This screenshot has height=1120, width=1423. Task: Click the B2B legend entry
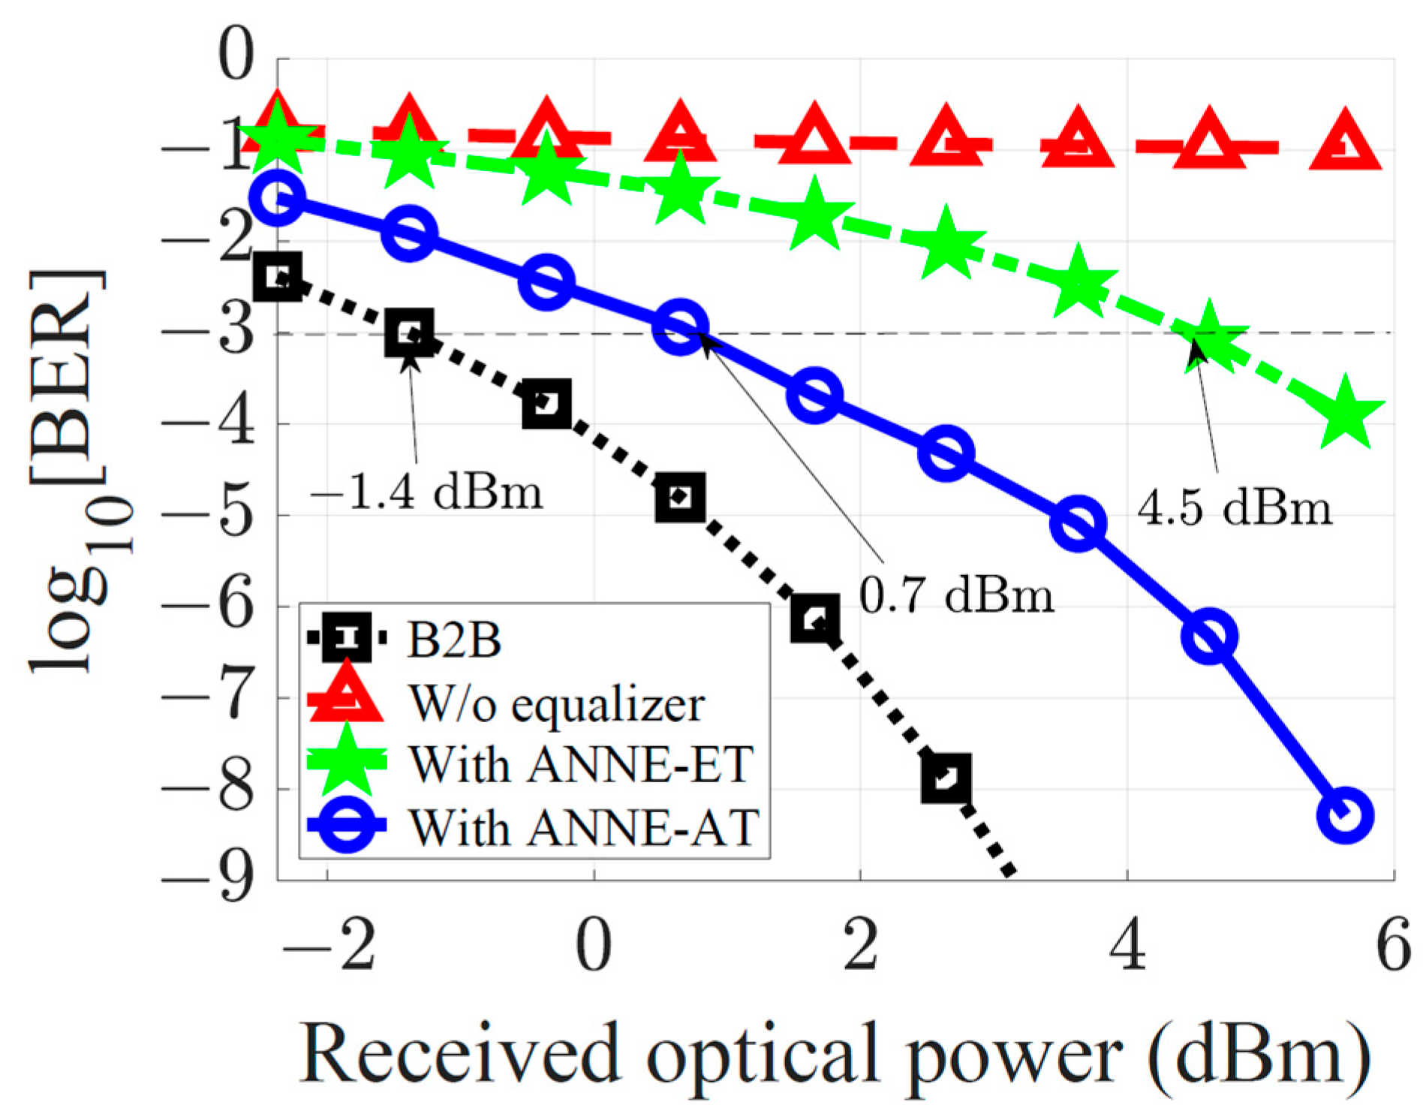(x=453, y=640)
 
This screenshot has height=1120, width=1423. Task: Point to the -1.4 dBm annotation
(x=426, y=493)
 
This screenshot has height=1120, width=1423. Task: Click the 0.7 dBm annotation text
(x=956, y=595)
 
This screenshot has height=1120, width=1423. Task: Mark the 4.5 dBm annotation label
(x=1235, y=507)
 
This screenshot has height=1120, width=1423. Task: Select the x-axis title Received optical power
(x=833, y=1055)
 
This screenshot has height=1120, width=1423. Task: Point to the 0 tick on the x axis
(x=593, y=947)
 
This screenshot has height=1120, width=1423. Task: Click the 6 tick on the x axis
(x=1393, y=947)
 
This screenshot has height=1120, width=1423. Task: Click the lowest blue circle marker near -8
(x=1345, y=815)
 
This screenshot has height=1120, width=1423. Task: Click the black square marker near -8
(x=946, y=778)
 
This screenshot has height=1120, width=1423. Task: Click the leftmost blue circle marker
(x=278, y=197)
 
